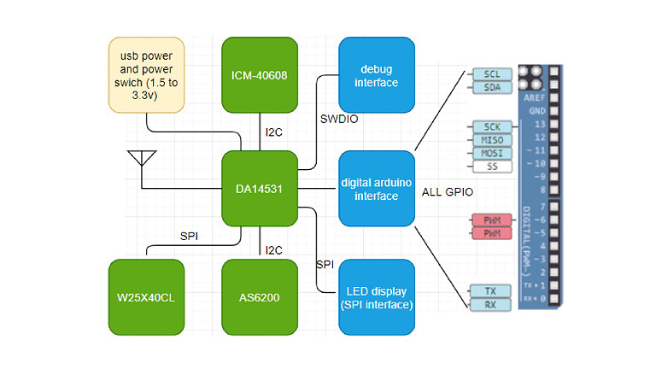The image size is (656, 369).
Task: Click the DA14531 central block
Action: click(x=260, y=188)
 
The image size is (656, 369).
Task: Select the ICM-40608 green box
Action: click(x=260, y=75)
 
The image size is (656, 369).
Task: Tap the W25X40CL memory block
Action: click(x=147, y=298)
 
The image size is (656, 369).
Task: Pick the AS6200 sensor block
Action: click(x=260, y=298)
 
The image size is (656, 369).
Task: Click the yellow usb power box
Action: click(x=147, y=74)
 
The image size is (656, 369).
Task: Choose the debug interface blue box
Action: click(x=378, y=75)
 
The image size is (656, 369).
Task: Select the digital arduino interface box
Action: click(x=378, y=189)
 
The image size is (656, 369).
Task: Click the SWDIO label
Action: click(x=338, y=120)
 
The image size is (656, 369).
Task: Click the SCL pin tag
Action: click(x=492, y=73)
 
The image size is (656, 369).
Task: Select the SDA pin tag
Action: click(x=492, y=86)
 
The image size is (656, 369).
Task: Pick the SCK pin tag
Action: click(x=492, y=127)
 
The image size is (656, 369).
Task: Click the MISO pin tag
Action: click(x=492, y=140)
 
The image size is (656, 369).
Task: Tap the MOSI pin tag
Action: click(x=492, y=153)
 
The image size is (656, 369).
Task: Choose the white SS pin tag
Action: click(x=492, y=167)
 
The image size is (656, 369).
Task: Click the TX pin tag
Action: click(x=492, y=290)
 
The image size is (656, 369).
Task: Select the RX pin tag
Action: click(x=492, y=304)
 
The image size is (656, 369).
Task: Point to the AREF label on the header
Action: click(x=534, y=98)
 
